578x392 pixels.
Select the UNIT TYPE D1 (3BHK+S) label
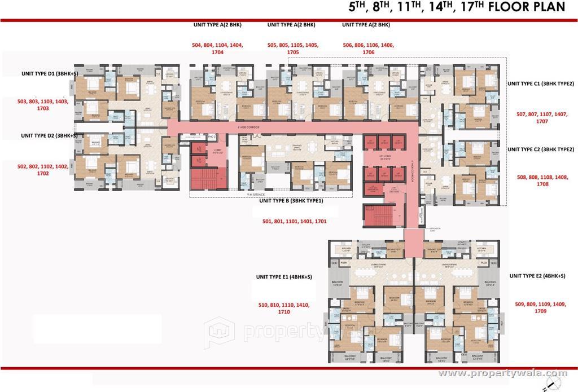coord(49,73)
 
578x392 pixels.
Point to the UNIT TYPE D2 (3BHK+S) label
coord(49,135)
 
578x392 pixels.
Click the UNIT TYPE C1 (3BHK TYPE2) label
coord(540,83)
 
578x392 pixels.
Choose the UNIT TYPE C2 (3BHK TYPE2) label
coord(540,149)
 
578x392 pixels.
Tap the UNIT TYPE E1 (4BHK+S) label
coord(284,277)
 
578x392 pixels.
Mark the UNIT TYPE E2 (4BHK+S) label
coord(537,276)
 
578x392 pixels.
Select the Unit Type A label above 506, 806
coord(366,25)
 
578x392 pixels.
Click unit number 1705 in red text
coord(292,52)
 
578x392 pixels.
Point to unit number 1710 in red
coord(284,312)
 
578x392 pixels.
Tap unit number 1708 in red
coord(542,184)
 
